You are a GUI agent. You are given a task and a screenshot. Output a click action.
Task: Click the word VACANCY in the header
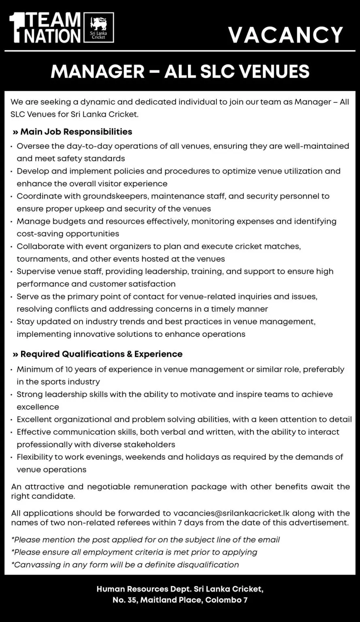(x=285, y=35)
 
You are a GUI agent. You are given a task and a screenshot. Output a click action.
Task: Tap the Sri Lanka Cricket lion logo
(x=98, y=23)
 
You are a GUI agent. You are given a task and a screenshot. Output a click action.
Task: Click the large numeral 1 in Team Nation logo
(x=16, y=27)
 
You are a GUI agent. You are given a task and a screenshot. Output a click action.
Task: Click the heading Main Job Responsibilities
(x=76, y=132)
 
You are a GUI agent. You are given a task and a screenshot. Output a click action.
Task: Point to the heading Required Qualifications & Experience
(x=101, y=354)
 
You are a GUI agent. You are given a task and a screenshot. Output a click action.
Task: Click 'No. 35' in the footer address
(x=124, y=600)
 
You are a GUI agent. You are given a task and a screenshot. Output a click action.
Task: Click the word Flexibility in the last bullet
(x=37, y=457)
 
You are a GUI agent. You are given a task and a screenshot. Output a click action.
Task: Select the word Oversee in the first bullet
(x=32, y=146)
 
